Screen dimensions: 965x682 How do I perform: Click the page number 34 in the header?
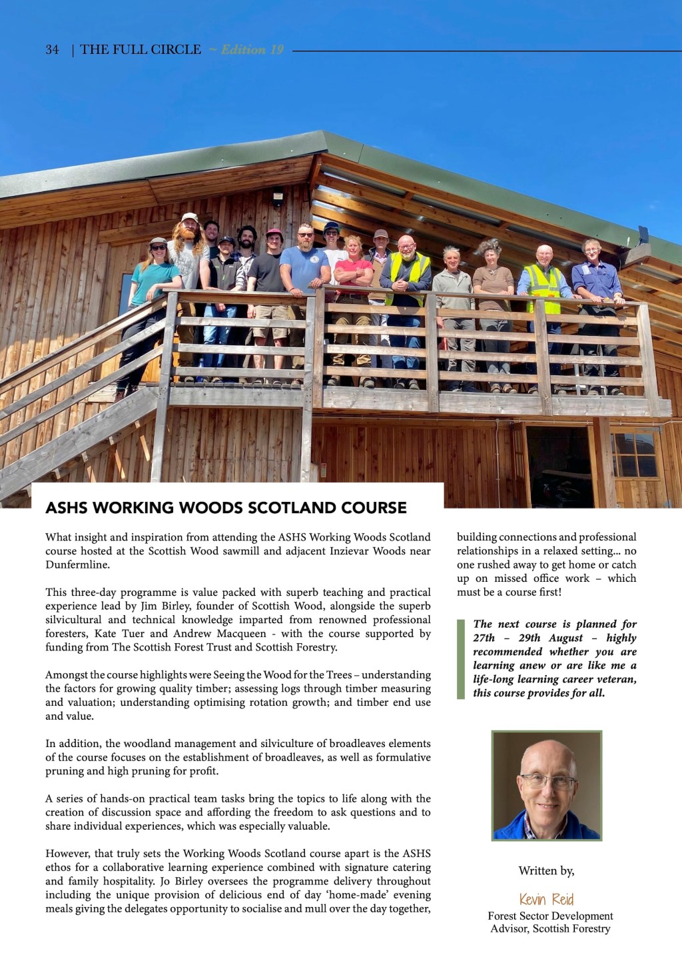pos(52,50)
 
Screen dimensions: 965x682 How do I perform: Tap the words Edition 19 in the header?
pos(252,50)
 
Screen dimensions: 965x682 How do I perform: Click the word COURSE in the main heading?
pos(374,508)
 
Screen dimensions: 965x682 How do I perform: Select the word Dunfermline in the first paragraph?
pos(77,565)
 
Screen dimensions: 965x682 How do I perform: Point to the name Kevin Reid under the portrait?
pos(546,899)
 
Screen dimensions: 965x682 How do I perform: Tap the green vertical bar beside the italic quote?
pos(460,658)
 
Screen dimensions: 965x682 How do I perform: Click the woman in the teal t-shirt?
pos(155,280)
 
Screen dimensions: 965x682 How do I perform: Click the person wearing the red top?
pos(353,273)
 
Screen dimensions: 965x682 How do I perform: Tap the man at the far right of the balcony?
pos(597,280)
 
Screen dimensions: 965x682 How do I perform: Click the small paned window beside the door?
pos(633,457)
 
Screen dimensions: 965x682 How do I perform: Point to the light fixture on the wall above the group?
pos(278,196)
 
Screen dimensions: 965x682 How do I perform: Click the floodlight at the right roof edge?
pos(643,235)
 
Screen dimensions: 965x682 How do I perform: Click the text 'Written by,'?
pos(546,871)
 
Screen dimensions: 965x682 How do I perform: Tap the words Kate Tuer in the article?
pos(119,634)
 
